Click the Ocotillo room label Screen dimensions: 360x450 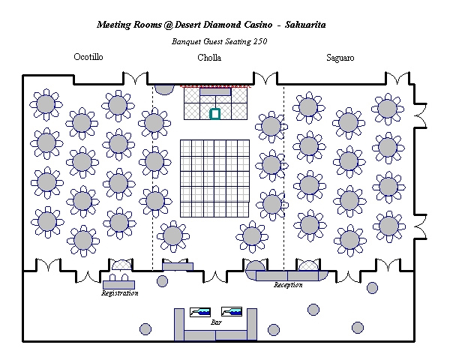(88, 57)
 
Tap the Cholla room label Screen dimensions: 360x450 (209, 58)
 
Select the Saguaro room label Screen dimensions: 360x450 (340, 57)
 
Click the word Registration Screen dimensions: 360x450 (120, 293)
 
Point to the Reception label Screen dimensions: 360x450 (288, 285)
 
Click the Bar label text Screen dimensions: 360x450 (216, 321)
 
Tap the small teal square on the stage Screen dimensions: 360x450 (215, 114)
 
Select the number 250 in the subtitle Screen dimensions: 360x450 (260, 41)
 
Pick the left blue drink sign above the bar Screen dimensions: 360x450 (201, 310)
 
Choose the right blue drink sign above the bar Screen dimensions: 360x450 (232, 310)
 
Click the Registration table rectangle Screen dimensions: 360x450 (118, 284)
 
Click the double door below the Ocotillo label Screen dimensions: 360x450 (135, 77)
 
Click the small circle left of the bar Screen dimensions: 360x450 (146, 328)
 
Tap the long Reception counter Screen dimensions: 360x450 (288, 276)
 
